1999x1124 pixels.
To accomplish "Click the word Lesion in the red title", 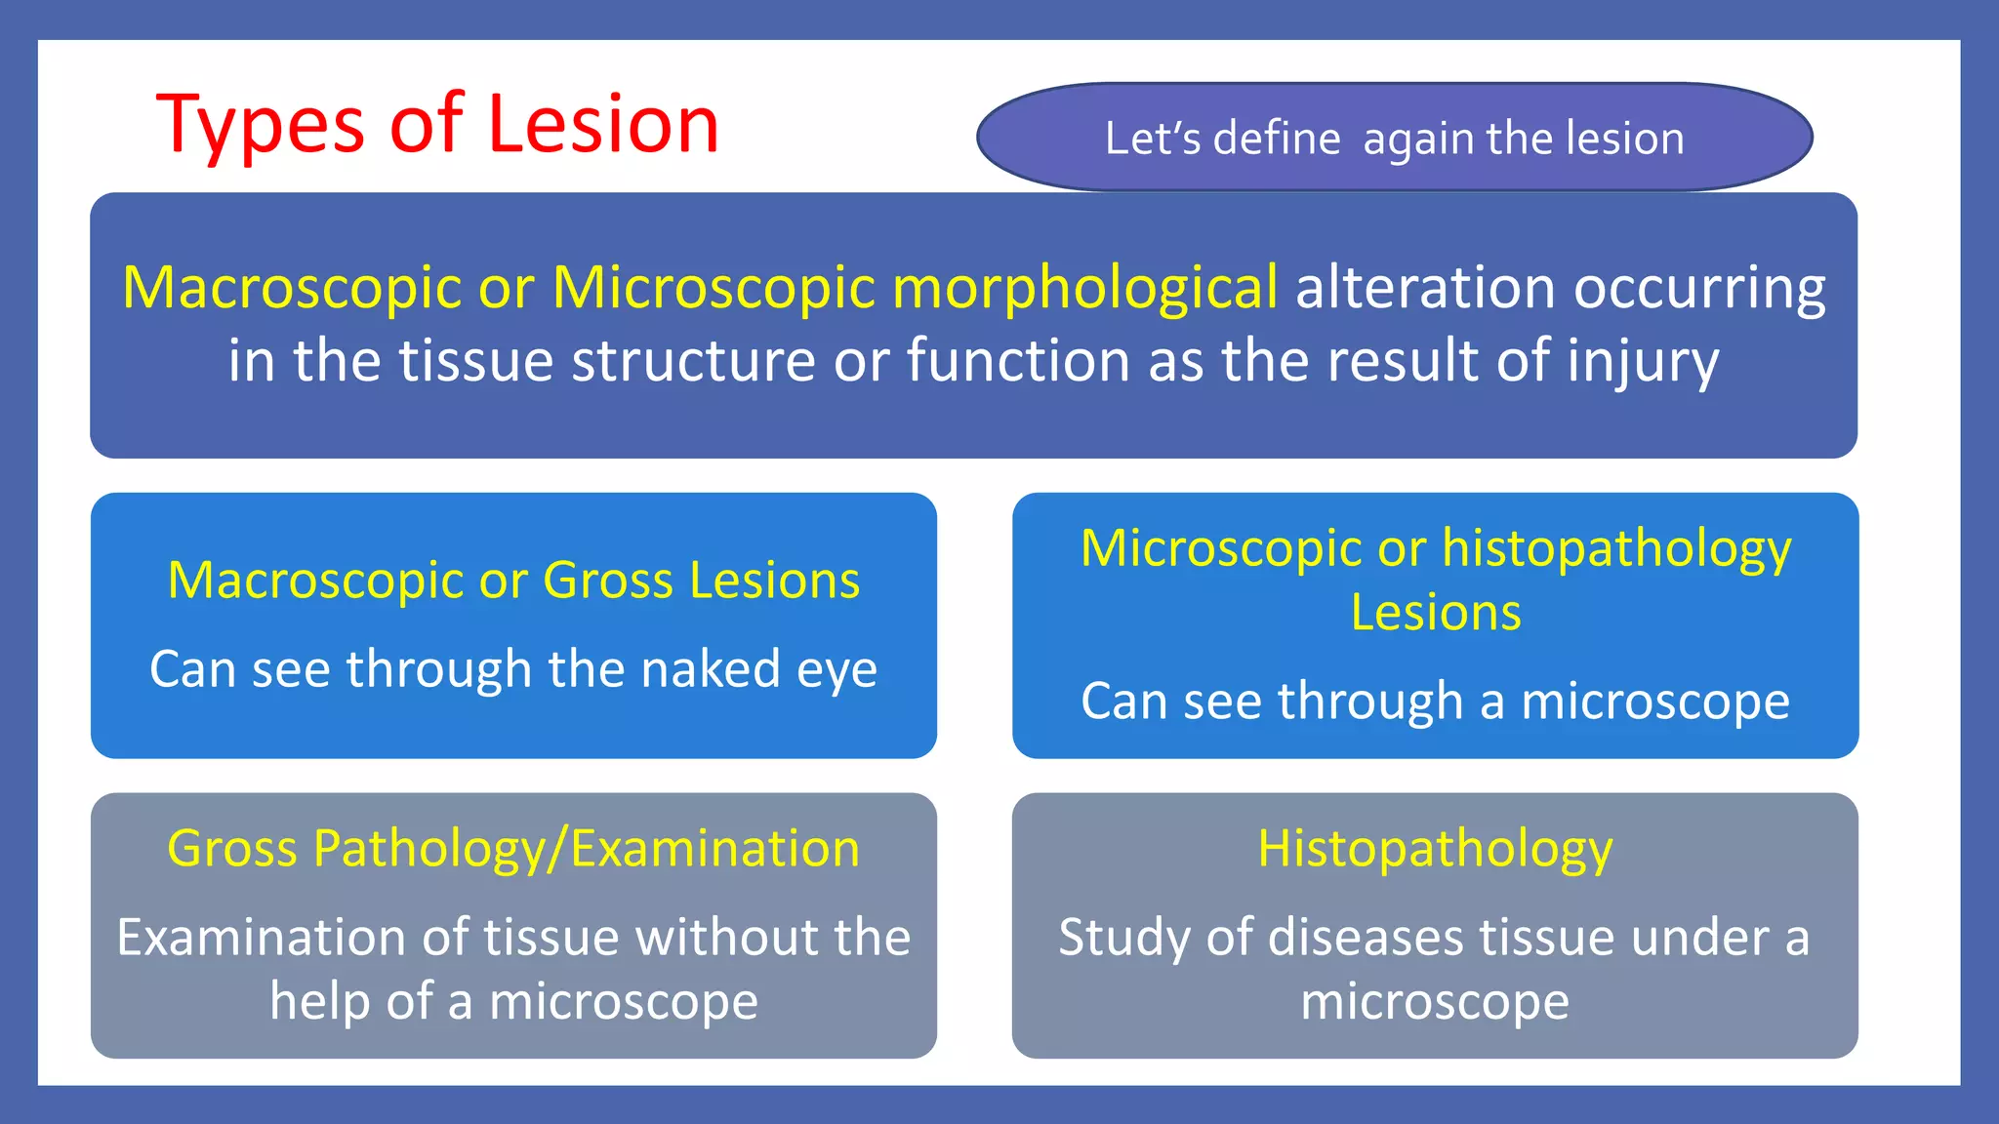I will [x=602, y=124].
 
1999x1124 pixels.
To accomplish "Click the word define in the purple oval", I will [x=1277, y=139].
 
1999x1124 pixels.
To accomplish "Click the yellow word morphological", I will [x=1084, y=288].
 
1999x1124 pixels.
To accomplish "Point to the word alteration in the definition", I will [x=1424, y=288].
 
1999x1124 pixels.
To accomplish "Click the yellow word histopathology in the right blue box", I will [x=1616, y=549].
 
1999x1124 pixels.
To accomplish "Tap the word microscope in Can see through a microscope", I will [x=1654, y=702].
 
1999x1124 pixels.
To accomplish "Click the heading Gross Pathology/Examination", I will [x=513, y=848].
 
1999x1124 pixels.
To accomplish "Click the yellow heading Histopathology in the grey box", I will [x=1434, y=849].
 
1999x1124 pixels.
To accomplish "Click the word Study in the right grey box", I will [x=1123, y=939].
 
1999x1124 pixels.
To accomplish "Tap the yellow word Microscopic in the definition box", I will [x=714, y=288].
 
